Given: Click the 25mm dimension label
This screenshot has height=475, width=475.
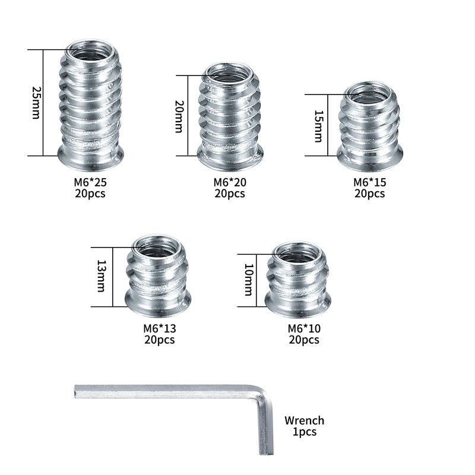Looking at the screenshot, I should (x=35, y=103).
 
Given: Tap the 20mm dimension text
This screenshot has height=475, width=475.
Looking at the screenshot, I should (x=178, y=116).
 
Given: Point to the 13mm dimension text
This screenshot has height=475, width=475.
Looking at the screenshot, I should (x=100, y=277).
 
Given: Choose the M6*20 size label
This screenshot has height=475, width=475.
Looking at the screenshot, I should (x=229, y=182).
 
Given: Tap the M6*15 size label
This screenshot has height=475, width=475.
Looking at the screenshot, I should (x=369, y=182).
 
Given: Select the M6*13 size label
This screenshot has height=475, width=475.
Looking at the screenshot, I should (x=159, y=328).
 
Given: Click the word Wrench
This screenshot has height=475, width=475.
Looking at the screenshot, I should (x=304, y=420).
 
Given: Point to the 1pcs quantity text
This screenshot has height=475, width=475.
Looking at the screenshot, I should (x=305, y=432).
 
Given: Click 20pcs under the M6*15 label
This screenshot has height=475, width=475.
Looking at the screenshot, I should (x=369, y=194).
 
